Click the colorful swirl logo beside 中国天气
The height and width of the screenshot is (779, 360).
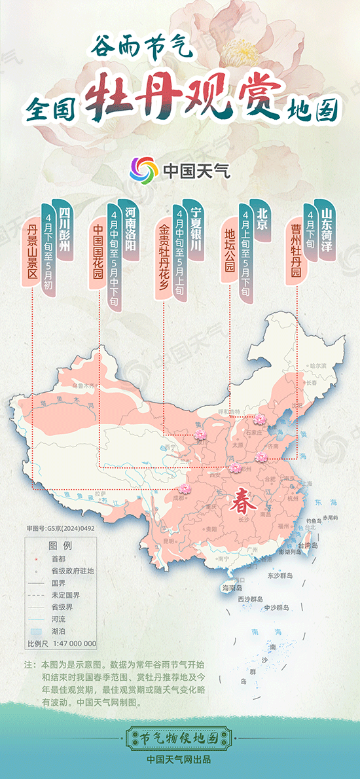143,170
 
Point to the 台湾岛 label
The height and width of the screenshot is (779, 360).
307,545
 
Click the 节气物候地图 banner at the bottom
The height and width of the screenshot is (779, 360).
179,738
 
